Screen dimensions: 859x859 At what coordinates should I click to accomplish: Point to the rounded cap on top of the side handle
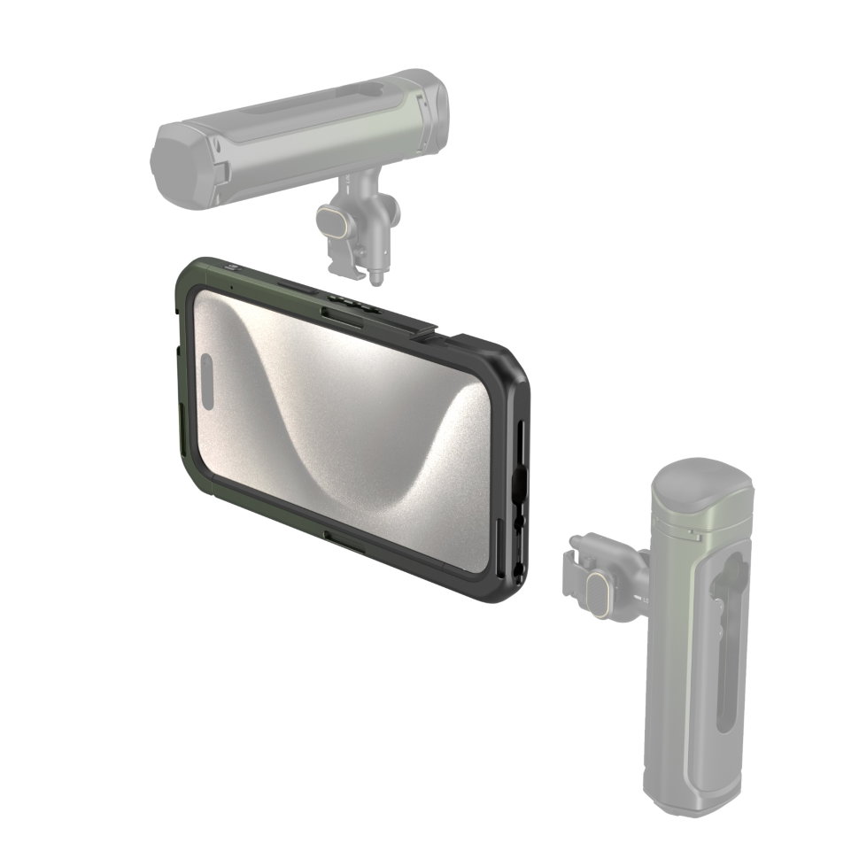point(700,479)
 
